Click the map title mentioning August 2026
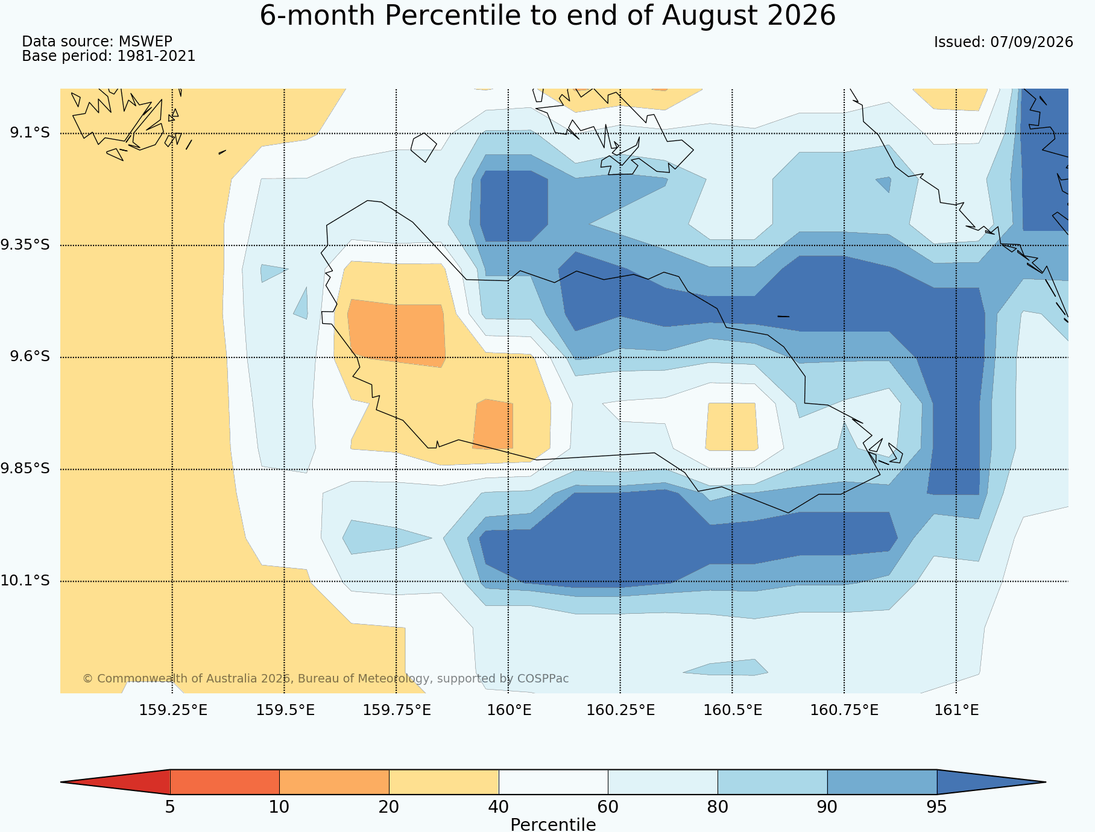point(547,16)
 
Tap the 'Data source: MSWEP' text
point(97,42)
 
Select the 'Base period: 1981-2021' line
point(109,56)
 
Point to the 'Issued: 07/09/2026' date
point(1003,42)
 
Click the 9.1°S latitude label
point(30,133)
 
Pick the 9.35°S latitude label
point(25,245)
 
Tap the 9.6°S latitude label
point(30,357)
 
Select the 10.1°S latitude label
point(25,581)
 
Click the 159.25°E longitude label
point(173,710)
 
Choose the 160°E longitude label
point(509,710)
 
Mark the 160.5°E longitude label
point(733,710)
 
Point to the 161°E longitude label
point(956,710)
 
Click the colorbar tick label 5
point(170,807)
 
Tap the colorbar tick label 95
point(937,807)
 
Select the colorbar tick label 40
point(499,807)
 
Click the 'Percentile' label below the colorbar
point(553,824)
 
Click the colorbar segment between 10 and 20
point(334,782)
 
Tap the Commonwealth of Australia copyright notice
point(326,679)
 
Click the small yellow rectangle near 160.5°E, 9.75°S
point(731,427)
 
